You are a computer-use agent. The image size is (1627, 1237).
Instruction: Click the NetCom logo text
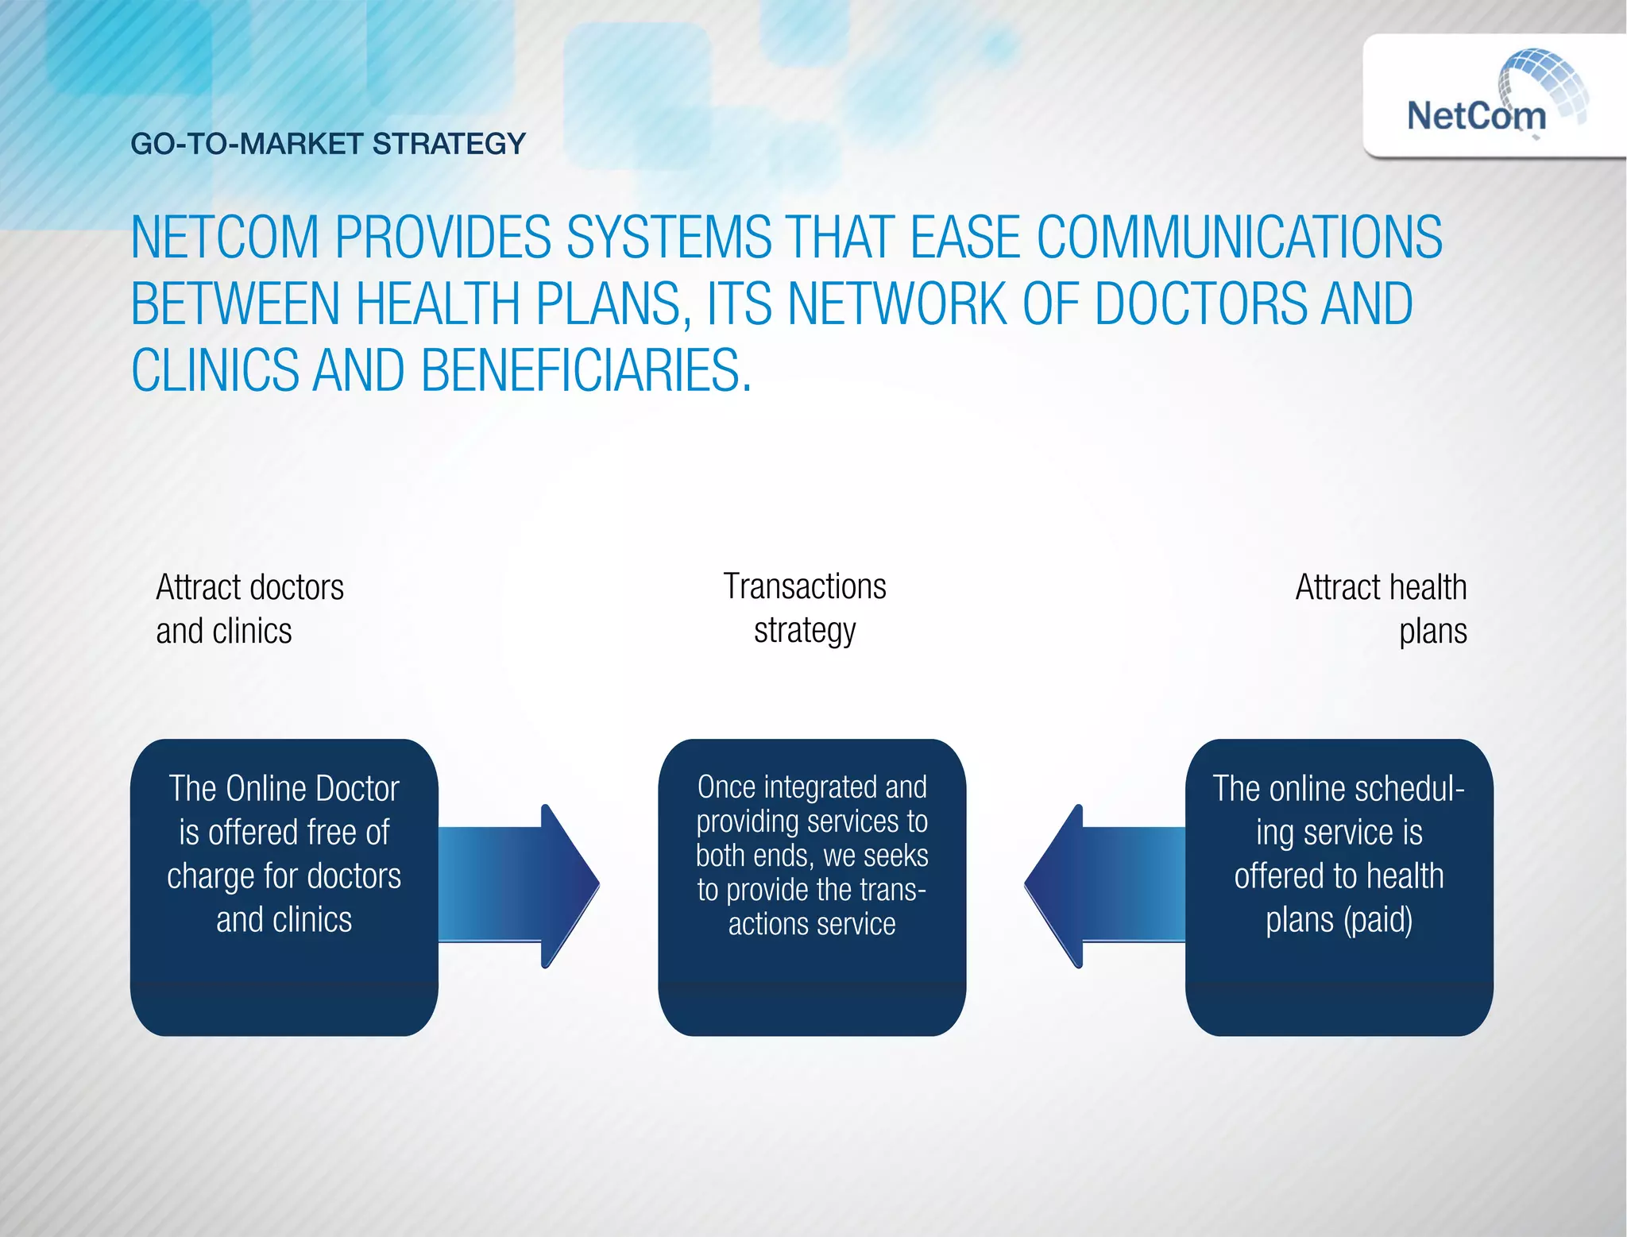(x=1476, y=116)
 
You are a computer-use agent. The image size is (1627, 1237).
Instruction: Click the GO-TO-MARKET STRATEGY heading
(x=328, y=144)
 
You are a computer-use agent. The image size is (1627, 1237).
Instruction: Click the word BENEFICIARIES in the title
(x=585, y=370)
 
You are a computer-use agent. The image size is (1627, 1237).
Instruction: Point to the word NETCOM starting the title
(x=225, y=237)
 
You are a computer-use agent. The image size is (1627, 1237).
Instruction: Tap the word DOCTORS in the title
(x=1200, y=303)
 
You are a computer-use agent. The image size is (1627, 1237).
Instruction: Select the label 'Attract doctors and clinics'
(x=249, y=609)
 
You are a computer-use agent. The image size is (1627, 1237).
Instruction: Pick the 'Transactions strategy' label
(x=805, y=608)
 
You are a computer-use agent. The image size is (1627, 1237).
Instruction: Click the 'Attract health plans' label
(x=1381, y=609)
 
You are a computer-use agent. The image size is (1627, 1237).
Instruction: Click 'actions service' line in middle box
(x=812, y=924)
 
